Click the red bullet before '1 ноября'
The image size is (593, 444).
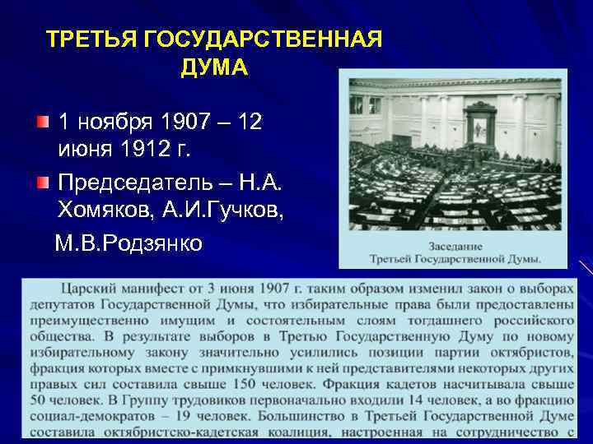43,123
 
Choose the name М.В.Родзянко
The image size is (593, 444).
128,243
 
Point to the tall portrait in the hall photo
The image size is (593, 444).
479,128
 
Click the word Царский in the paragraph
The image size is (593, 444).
86,288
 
